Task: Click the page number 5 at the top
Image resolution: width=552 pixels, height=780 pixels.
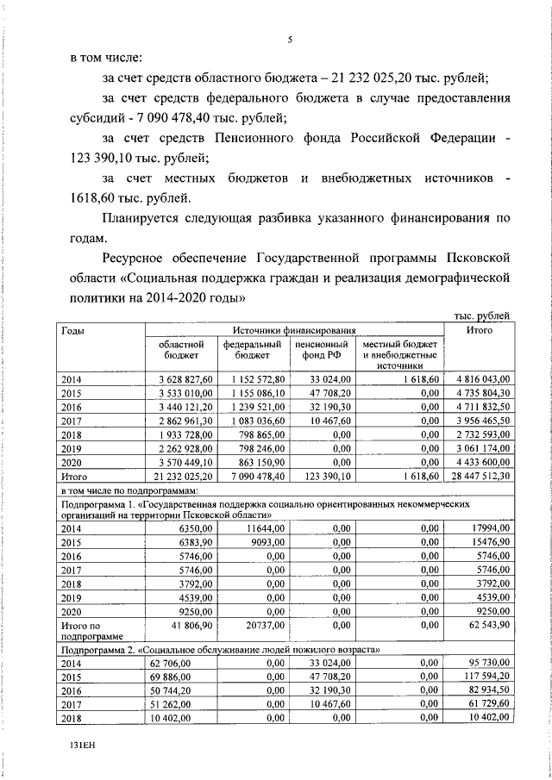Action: (291, 39)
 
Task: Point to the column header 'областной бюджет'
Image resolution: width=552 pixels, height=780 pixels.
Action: (179, 348)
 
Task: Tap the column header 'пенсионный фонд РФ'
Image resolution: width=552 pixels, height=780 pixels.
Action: (322, 348)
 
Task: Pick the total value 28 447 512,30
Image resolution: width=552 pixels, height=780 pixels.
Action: (481, 475)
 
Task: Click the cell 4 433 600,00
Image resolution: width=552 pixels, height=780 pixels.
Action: (481, 461)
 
